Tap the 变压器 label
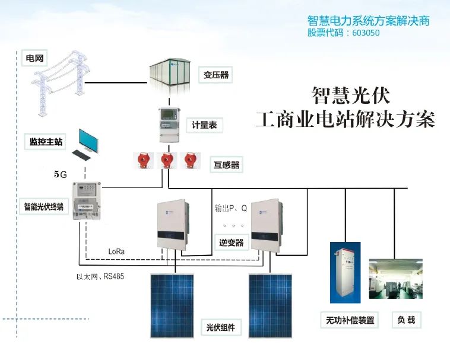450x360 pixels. click(216, 75)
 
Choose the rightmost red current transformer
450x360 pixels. click(189, 160)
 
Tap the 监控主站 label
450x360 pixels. click(46, 142)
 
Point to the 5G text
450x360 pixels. click(60, 174)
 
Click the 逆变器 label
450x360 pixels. click(231, 243)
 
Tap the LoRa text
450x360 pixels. click(116, 251)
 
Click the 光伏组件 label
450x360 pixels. click(220, 327)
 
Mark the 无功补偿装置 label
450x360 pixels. click(350, 320)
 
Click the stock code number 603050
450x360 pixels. click(362, 33)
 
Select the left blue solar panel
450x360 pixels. click(173, 304)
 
